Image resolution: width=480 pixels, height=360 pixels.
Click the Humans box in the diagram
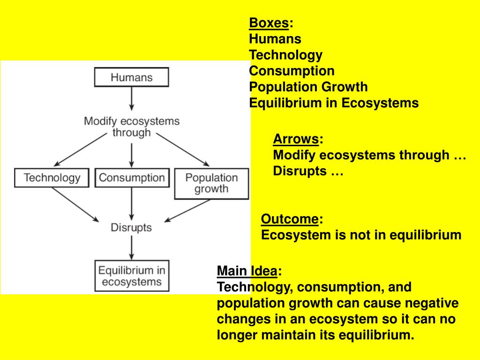(x=131, y=77)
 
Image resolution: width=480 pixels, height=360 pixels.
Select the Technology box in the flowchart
(x=52, y=178)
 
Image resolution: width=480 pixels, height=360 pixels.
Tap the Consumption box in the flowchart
(x=132, y=178)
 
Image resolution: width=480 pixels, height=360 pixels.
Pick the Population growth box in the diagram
(x=211, y=183)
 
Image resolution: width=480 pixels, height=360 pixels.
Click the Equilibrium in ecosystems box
(x=131, y=276)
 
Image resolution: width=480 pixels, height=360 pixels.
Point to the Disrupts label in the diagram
(x=131, y=228)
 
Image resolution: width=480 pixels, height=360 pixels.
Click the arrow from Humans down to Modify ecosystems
(x=131, y=98)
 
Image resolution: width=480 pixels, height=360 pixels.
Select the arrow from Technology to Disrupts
(x=75, y=204)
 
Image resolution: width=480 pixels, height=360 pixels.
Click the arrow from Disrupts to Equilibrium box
(x=131, y=247)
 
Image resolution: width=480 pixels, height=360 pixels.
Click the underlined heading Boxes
(x=269, y=23)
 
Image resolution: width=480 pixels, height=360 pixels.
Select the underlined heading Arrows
(x=296, y=139)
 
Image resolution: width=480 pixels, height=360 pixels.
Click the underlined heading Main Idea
(x=247, y=271)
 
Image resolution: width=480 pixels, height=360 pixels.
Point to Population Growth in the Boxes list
(x=308, y=87)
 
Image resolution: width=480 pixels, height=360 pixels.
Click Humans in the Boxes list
(x=275, y=39)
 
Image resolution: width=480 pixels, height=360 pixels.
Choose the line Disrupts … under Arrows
(x=308, y=171)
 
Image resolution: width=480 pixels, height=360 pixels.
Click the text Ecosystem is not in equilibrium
(x=361, y=235)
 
